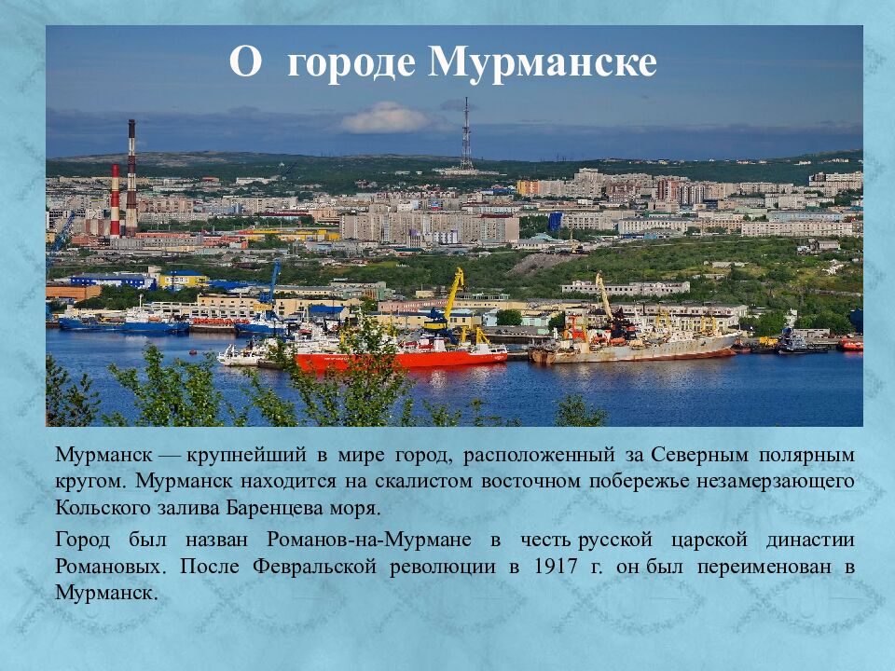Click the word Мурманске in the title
point(543,63)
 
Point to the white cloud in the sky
point(385,119)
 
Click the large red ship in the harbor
point(401,355)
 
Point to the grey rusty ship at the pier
point(643,348)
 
